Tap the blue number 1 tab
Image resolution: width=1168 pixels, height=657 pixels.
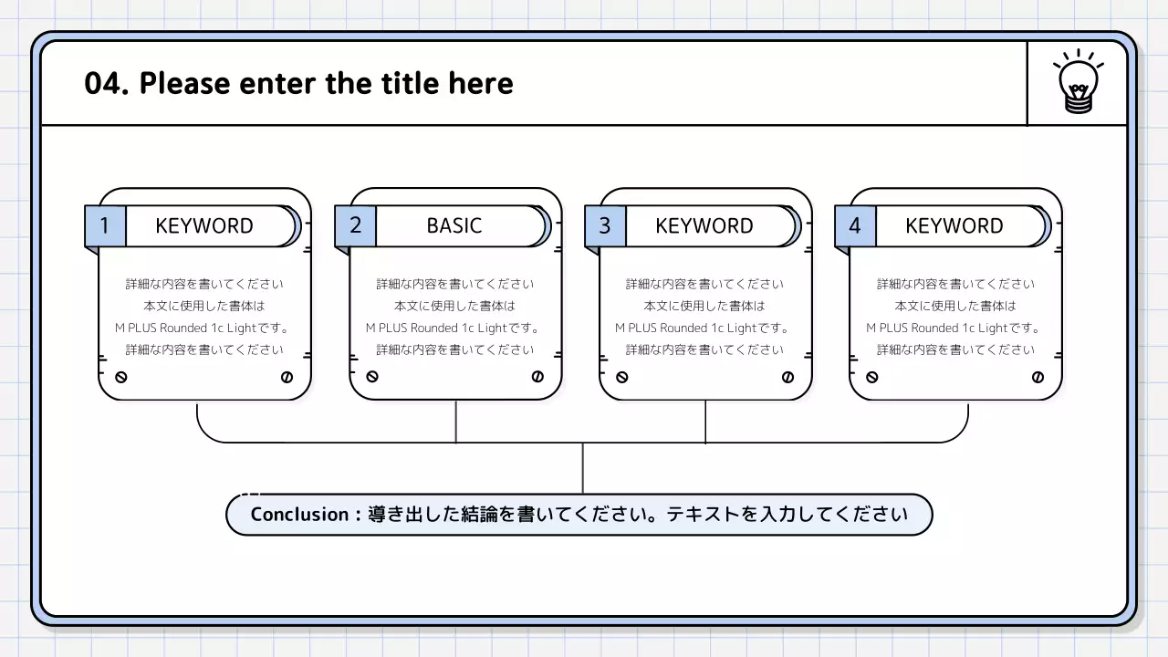point(105,225)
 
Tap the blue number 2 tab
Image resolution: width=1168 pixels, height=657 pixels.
point(355,225)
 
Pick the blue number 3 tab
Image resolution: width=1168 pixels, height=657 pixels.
point(605,225)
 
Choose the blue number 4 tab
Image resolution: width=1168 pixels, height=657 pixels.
point(855,225)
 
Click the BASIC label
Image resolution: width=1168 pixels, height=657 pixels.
point(454,225)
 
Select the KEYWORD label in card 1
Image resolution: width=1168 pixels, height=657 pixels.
point(204,225)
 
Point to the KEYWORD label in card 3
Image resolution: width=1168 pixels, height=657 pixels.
point(704,225)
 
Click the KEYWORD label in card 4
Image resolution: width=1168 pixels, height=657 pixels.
point(954,225)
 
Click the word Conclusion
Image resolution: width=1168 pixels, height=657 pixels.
point(299,515)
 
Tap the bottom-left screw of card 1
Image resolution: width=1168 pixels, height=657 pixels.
point(121,377)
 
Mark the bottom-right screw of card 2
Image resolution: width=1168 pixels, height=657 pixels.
point(537,377)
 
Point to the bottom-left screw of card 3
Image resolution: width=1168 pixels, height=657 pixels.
point(622,377)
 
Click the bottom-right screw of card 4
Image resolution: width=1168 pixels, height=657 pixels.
point(1038,377)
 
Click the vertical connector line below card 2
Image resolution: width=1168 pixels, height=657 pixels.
point(455,422)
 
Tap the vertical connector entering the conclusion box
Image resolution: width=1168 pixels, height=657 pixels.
point(582,468)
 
